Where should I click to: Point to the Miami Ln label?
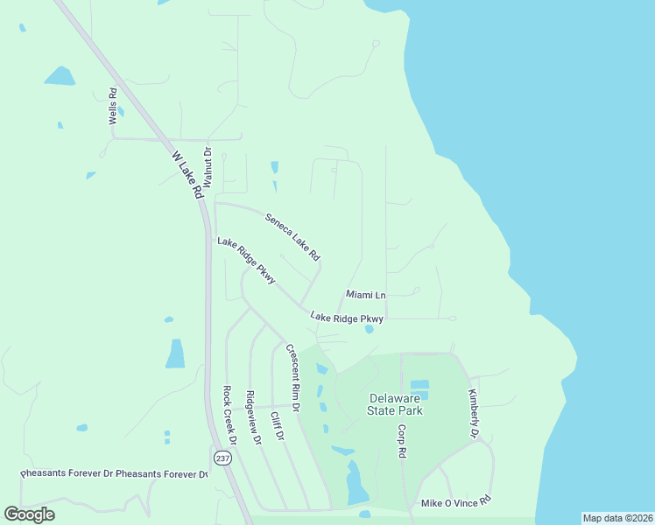click(x=366, y=295)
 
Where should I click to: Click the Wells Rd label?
click(x=113, y=106)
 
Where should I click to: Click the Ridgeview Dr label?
click(x=254, y=417)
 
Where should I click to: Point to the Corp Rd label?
click(x=402, y=442)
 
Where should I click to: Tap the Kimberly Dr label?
click(x=473, y=413)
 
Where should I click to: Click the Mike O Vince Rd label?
click(x=456, y=502)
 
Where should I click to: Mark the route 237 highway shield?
click(x=221, y=458)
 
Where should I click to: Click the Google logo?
click(x=30, y=514)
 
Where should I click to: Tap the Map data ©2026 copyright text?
click(x=617, y=517)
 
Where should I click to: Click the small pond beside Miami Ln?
click(x=369, y=330)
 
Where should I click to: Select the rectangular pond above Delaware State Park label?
click(x=419, y=385)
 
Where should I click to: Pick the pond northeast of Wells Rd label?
click(x=60, y=76)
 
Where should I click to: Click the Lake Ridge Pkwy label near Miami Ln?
click(x=347, y=318)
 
